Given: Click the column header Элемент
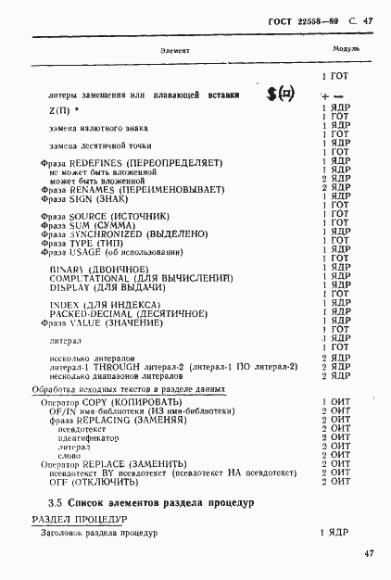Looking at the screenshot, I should coord(175,48).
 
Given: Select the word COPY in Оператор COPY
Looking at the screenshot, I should coord(96,403).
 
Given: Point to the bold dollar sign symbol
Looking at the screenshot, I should coord(272,94).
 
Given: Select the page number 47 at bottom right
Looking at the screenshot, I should coord(369,554).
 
